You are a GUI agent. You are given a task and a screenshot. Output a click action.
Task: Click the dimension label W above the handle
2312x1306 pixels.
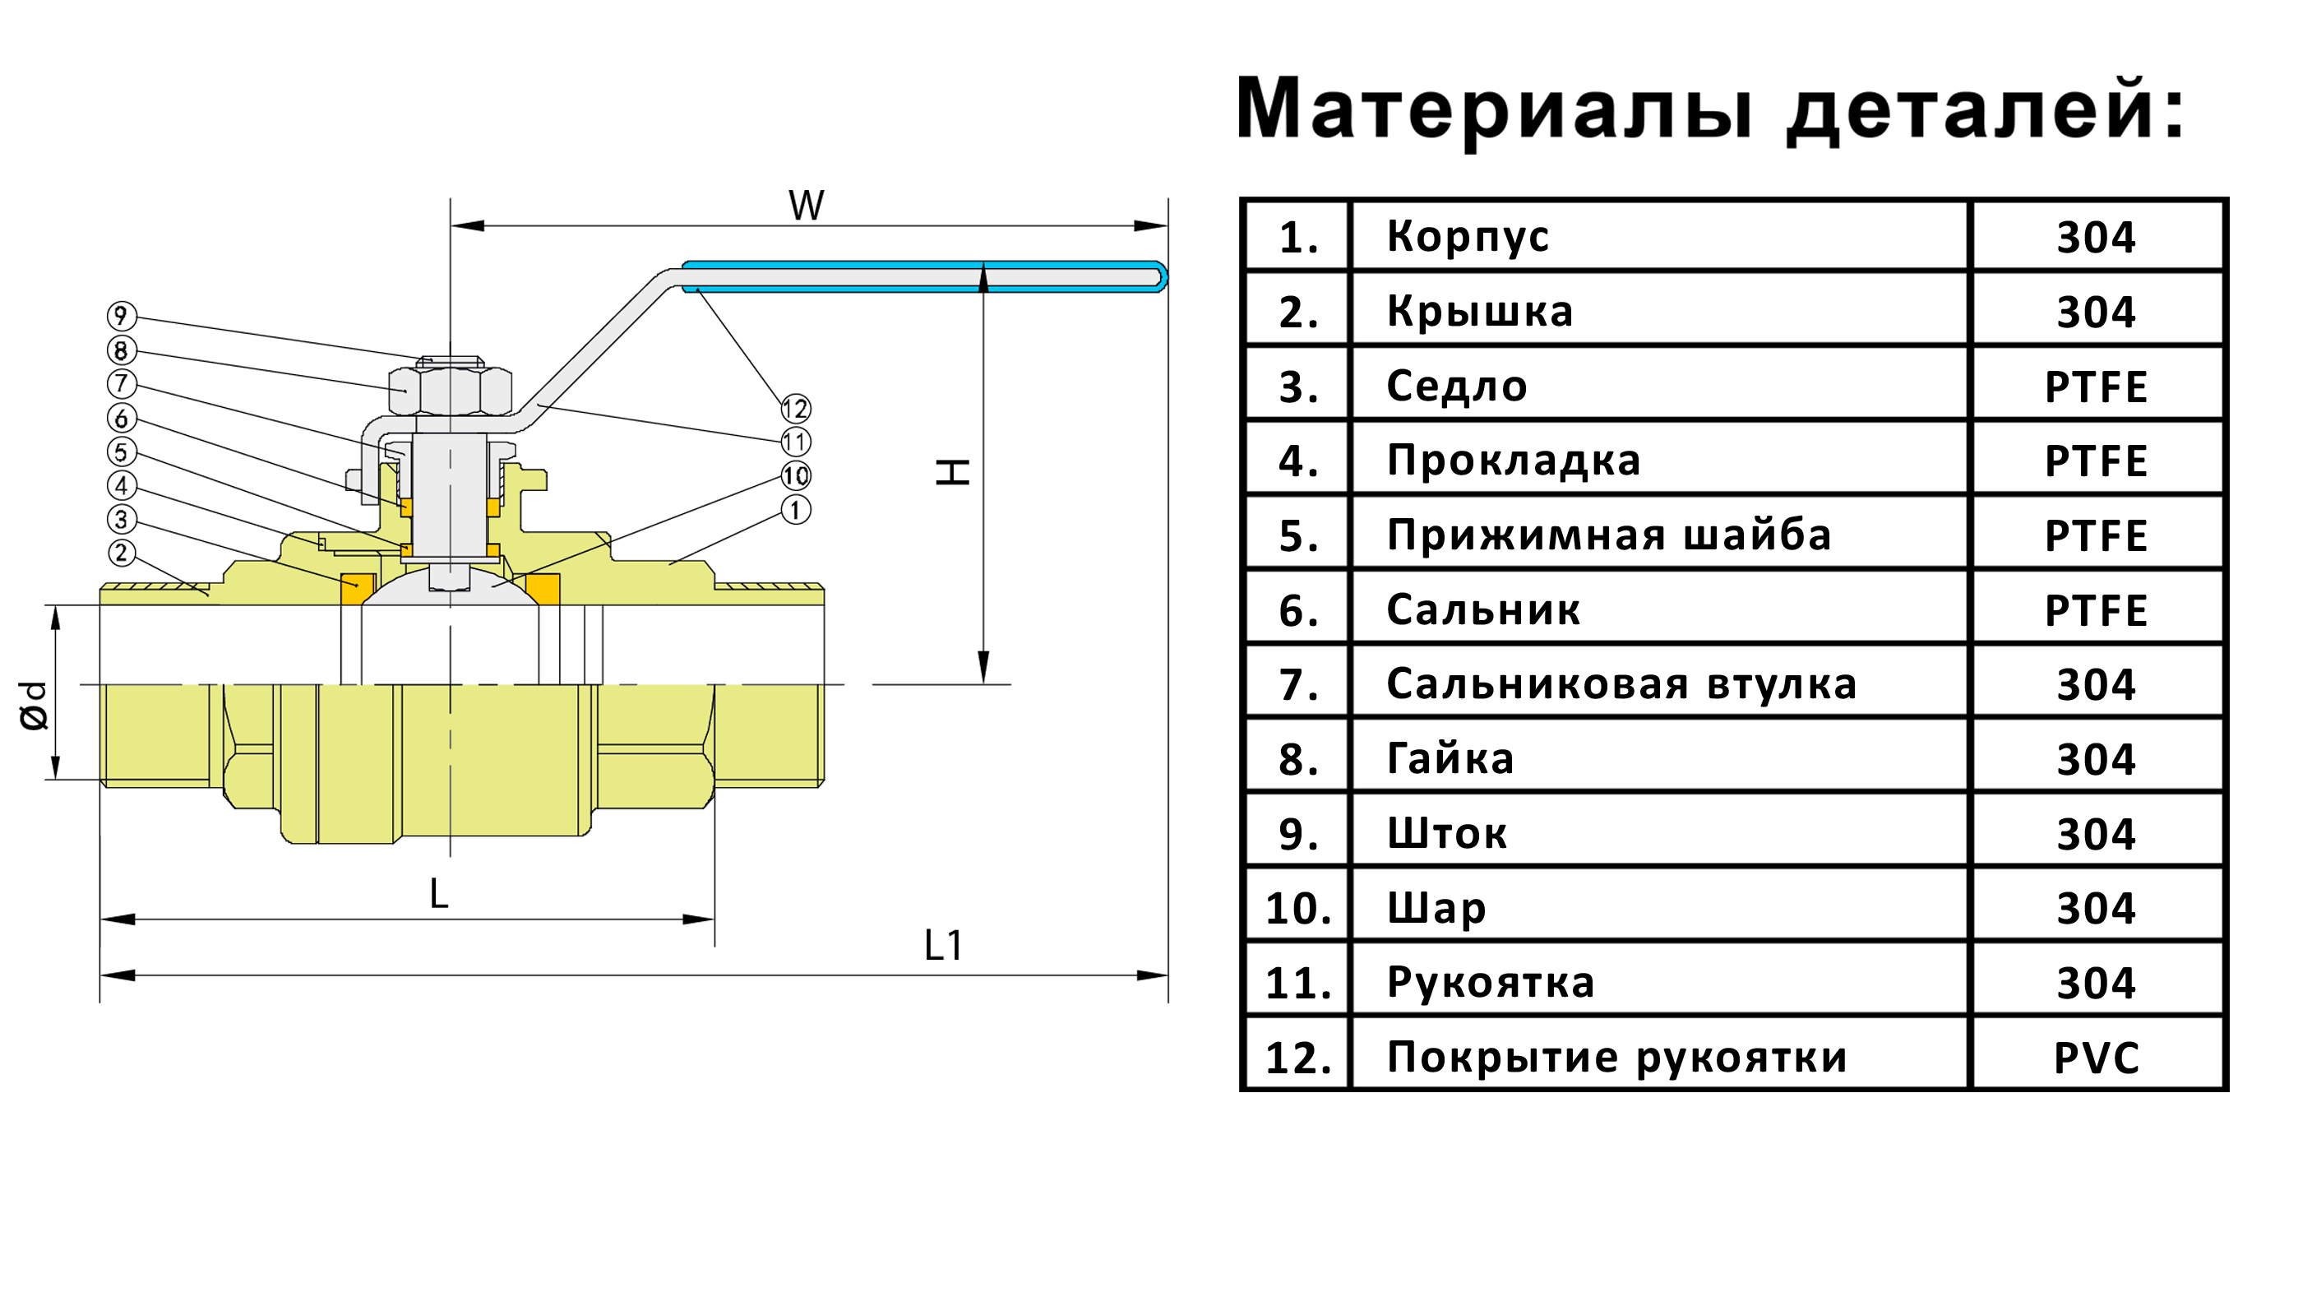(806, 206)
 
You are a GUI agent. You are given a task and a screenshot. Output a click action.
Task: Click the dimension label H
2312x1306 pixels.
(952, 471)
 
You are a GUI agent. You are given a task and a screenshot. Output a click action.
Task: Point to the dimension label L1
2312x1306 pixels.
(942, 945)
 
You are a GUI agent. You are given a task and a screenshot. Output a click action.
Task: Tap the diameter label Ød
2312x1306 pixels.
(34, 706)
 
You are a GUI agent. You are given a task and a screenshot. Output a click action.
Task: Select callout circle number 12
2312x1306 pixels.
(795, 409)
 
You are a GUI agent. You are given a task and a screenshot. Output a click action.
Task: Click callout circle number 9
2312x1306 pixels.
(121, 315)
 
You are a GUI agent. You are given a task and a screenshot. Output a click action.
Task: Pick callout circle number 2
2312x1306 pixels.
(121, 553)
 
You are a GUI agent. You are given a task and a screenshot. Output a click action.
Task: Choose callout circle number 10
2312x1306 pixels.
(795, 475)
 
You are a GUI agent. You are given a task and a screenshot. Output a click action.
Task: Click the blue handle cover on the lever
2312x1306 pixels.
(924, 276)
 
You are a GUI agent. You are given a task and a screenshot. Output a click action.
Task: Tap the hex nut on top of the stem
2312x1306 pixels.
(450, 391)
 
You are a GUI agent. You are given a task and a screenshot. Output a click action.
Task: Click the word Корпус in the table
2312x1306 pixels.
(1468, 237)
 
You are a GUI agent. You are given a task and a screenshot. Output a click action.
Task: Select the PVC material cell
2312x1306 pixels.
(2096, 1058)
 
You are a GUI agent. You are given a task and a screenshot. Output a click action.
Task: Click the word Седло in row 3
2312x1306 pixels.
(1456, 387)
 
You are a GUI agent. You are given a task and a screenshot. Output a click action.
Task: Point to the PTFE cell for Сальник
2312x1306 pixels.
(2096, 610)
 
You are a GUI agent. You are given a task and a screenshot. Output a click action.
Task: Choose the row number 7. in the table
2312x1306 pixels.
(1297, 685)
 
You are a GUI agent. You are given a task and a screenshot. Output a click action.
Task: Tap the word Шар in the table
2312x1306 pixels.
(1436, 909)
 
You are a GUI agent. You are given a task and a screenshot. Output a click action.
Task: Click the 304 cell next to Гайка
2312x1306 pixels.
(2096, 759)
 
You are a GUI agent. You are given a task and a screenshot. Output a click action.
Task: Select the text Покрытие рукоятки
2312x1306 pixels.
(1616, 1058)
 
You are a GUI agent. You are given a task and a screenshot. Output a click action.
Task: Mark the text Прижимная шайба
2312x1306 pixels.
(1608, 536)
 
